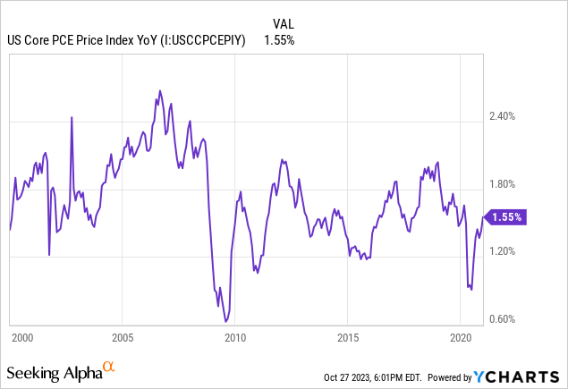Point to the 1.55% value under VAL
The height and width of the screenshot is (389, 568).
[x=279, y=39]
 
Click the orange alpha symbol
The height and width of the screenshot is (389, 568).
[x=108, y=367]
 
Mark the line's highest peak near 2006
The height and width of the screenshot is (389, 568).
[x=160, y=90]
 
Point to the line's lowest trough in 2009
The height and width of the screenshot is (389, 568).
[x=225, y=321]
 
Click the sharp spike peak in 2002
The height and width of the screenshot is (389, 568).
[x=72, y=117]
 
